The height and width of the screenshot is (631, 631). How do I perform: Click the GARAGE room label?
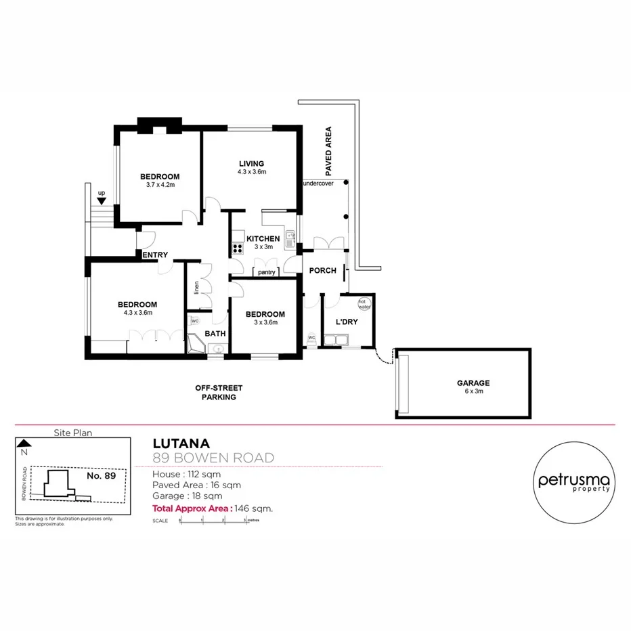tap(473, 383)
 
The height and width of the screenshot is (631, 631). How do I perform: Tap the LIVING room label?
tap(251, 163)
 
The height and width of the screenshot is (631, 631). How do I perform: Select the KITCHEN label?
tap(263, 238)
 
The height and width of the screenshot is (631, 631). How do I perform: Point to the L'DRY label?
tap(346, 322)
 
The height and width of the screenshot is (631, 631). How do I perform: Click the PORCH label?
tap(322, 271)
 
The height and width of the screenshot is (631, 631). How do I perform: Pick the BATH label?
tap(215, 333)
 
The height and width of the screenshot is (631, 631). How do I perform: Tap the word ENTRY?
tap(155, 255)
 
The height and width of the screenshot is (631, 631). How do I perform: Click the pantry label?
tap(266, 272)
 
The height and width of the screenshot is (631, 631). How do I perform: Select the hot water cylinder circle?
tap(364, 304)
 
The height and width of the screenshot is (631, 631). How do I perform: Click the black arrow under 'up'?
tap(102, 200)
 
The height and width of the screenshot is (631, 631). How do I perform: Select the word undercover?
tap(318, 183)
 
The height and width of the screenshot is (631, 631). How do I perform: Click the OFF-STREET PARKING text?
tap(219, 393)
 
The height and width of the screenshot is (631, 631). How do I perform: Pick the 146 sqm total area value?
tap(254, 508)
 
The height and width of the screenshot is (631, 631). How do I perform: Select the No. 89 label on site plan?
tap(102, 475)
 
